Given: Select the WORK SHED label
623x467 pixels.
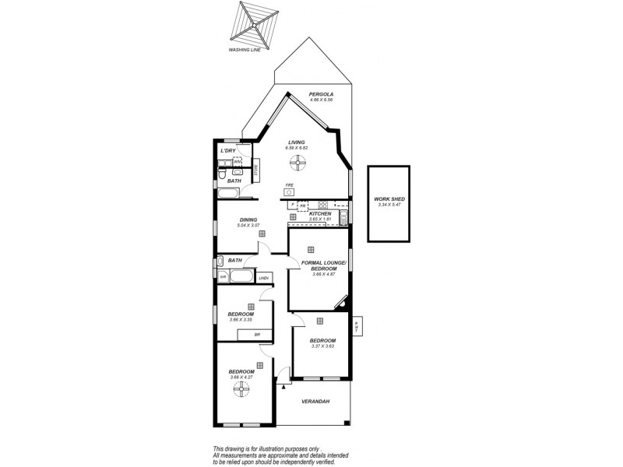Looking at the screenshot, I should point(389,198).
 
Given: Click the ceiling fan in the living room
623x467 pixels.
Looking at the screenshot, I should point(297,162).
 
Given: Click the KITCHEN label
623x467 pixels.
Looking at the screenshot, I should point(321,213).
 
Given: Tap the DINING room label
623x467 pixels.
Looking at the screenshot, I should point(248,219).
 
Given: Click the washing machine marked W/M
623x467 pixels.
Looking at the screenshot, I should point(238,162).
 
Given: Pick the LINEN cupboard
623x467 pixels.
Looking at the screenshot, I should point(263,278).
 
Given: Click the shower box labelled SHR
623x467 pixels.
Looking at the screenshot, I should point(223,277).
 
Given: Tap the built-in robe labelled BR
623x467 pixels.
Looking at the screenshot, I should point(257,335).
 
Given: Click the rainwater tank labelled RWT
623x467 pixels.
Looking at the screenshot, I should point(357,327).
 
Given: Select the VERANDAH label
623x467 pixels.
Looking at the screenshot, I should point(315,402).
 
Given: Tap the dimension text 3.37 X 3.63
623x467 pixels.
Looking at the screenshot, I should point(322,347).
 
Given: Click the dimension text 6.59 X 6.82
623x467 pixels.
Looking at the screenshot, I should point(297,148).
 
